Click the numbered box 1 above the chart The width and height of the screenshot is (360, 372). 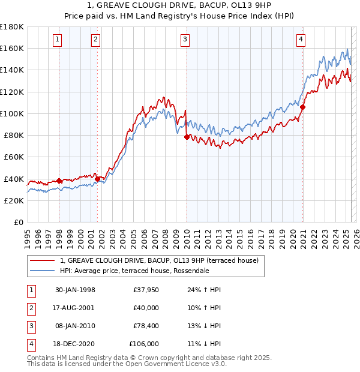coord(58,40)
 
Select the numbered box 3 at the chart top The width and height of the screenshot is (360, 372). coord(185,40)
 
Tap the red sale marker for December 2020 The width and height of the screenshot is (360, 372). coord(303,107)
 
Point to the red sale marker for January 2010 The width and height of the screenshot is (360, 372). coord(187,137)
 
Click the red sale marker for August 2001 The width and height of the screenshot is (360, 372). coord(97,178)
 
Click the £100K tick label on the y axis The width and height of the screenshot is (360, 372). coord(12,113)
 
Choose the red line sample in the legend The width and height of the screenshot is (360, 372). coord(42,260)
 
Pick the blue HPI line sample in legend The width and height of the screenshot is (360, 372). coord(42,271)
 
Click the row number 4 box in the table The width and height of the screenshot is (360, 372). coord(30,344)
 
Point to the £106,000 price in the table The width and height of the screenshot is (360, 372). coord(144,344)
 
